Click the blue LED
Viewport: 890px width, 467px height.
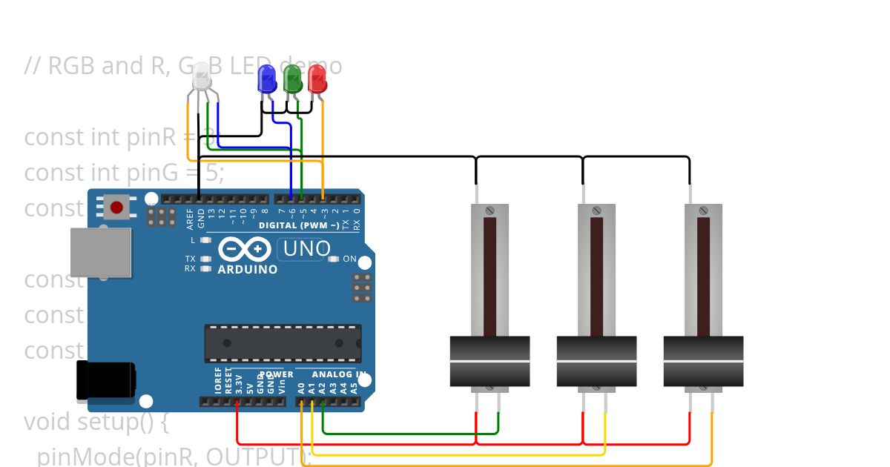click(x=266, y=79)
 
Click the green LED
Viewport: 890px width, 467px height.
click(x=292, y=79)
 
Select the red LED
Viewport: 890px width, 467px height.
click(x=317, y=79)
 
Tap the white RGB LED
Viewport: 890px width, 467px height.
click(x=202, y=77)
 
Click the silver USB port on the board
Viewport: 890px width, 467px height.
click(x=101, y=252)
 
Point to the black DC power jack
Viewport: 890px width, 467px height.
click(x=105, y=381)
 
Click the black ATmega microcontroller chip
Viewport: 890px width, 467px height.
click(x=283, y=343)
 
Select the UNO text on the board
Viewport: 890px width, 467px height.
click(x=306, y=249)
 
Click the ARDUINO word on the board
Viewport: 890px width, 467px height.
click(x=248, y=270)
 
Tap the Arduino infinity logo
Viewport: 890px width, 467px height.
click(x=245, y=248)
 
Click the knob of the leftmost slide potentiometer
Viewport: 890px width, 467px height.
click(x=489, y=360)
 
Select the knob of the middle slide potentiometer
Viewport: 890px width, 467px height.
click(x=596, y=360)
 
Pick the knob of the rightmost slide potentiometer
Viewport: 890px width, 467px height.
click(x=703, y=360)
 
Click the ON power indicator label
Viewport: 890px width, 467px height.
click(x=349, y=259)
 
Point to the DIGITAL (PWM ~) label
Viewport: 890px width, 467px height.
click(x=299, y=225)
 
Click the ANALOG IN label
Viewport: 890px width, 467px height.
click(x=334, y=374)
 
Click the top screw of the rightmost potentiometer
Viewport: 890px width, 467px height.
click(x=703, y=211)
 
